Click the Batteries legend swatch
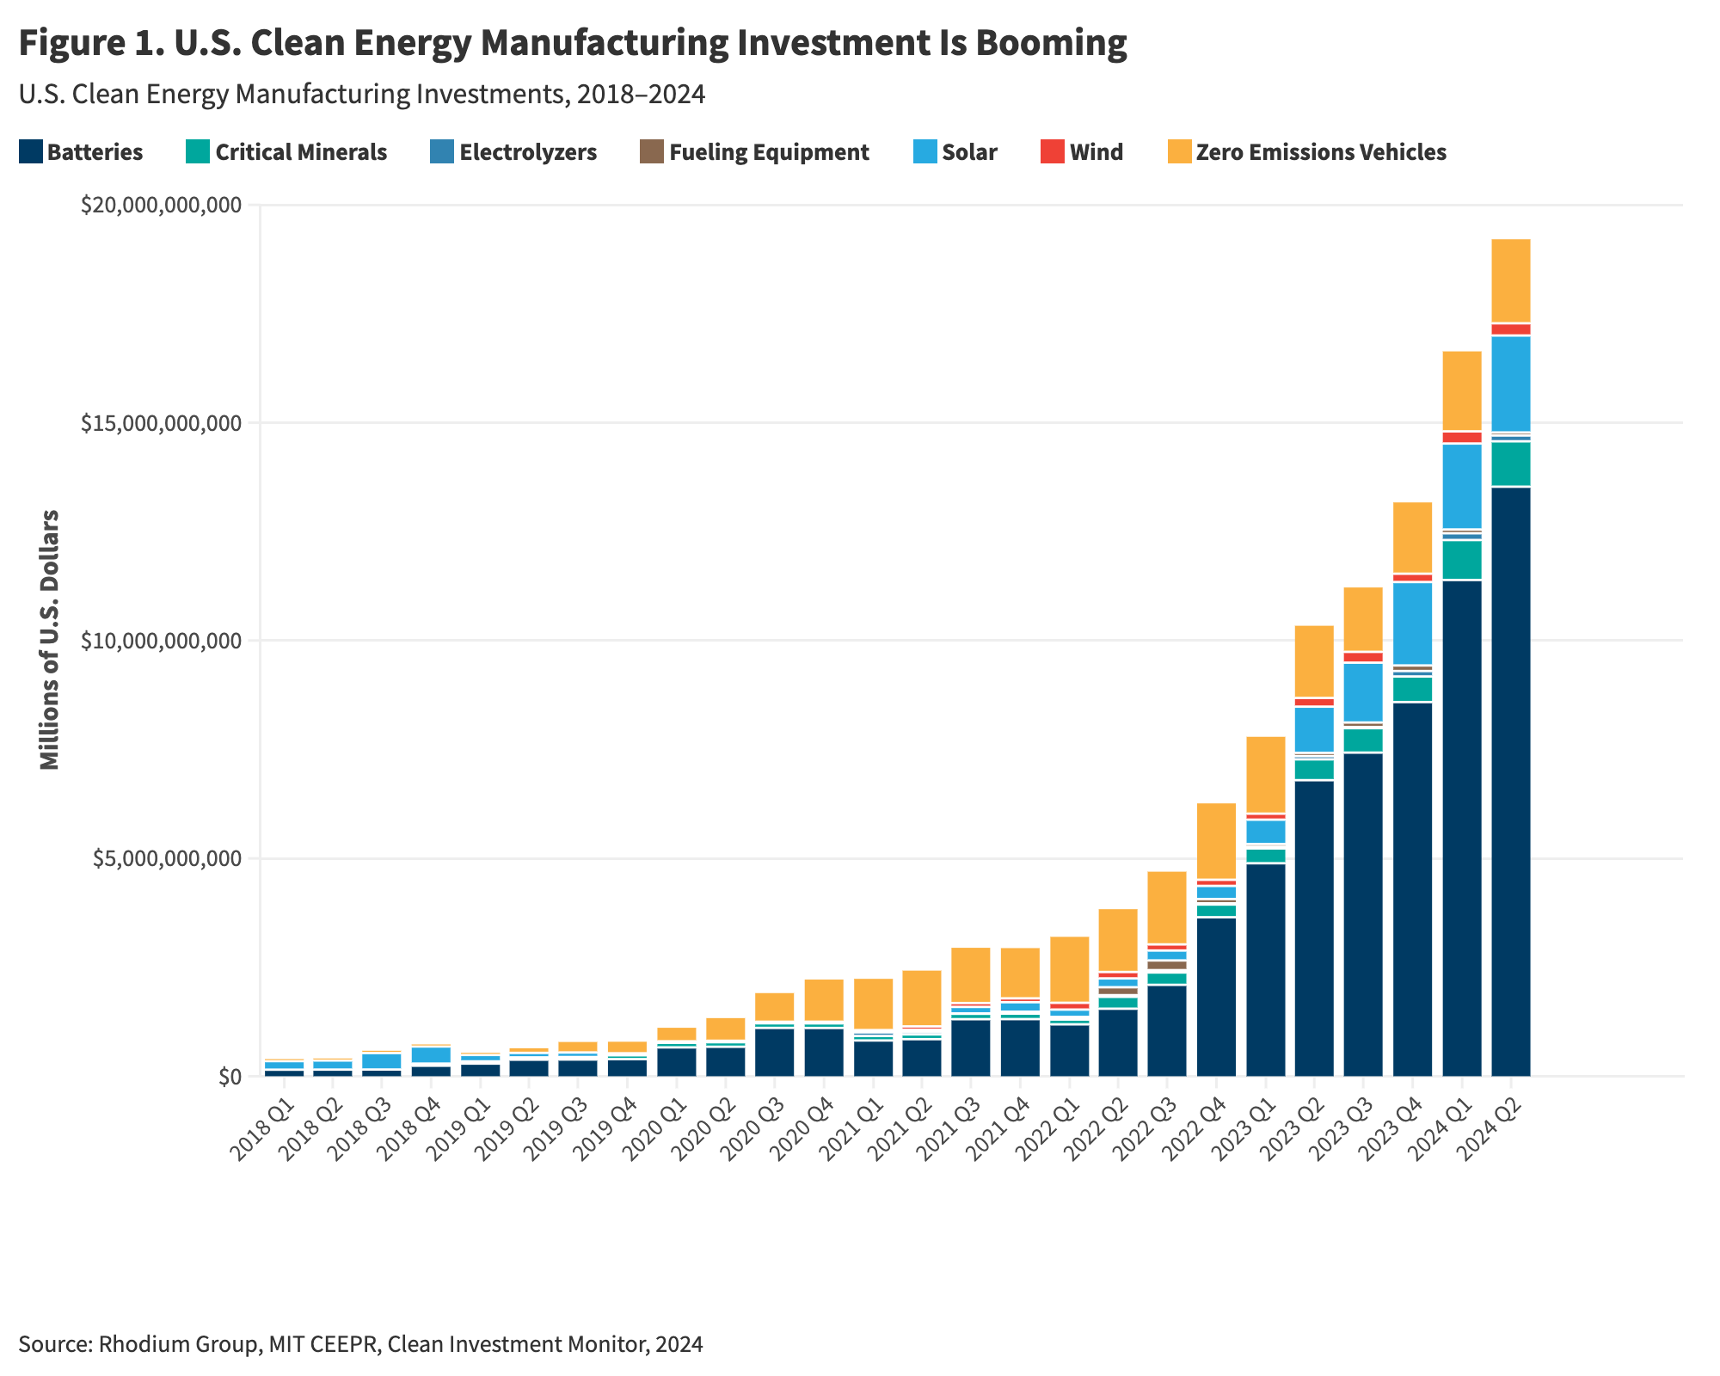(x=30, y=152)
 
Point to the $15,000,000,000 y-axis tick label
(x=161, y=423)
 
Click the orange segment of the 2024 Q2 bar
(x=1510, y=280)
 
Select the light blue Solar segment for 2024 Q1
(x=1461, y=486)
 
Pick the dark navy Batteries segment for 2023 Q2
(x=1314, y=929)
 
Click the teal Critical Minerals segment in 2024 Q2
(x=1510, y=464)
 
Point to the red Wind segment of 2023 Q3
(x=1363, y=657)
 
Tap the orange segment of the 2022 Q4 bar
(x=1216, y=840)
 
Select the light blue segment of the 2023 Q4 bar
(x=1412, y=623)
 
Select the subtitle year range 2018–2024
(x=640, y=95)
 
